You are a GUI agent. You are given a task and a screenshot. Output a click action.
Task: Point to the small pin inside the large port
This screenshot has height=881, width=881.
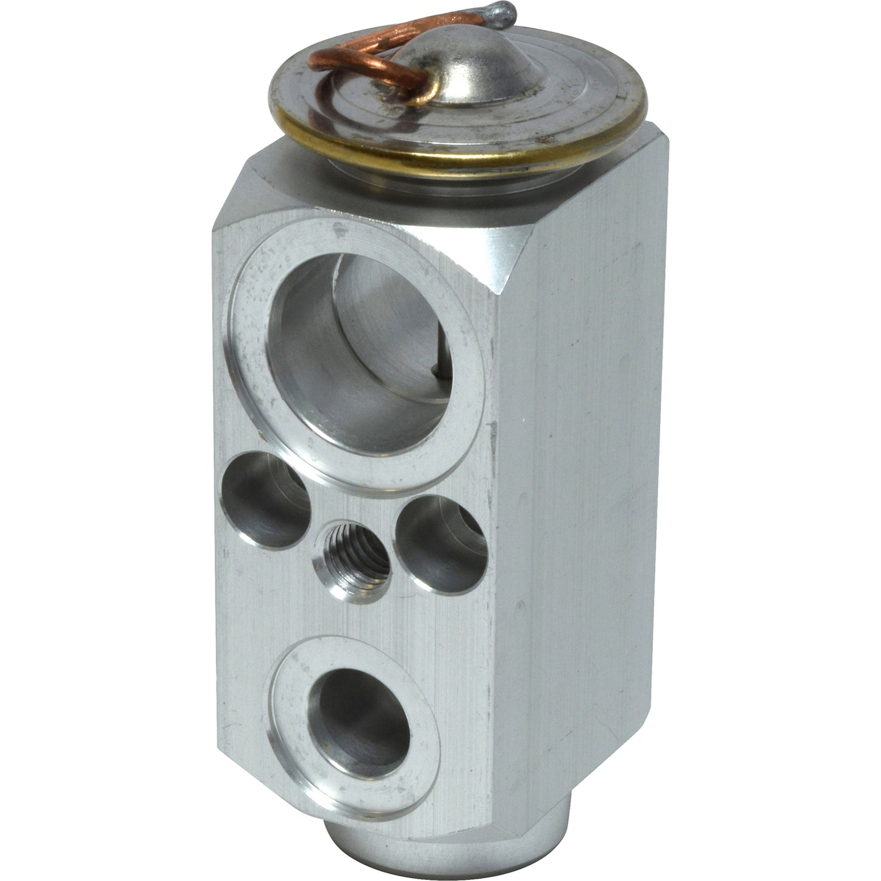tap(434, 369)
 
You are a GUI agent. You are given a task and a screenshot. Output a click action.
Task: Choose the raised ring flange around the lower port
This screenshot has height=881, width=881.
tap(293, 683)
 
